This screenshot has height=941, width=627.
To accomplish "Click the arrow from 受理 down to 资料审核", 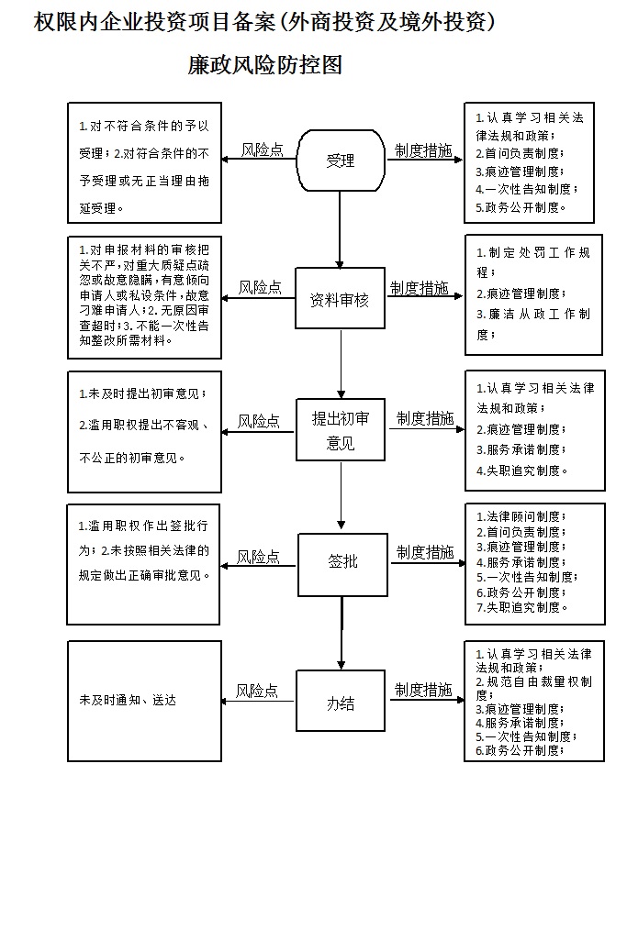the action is (x=340, y=230).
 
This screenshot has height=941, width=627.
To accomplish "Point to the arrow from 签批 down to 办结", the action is (x=341, y=633).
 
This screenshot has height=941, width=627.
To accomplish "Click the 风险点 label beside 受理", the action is (x=262, y=149).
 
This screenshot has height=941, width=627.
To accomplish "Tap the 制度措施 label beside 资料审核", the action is (x=420, y=288).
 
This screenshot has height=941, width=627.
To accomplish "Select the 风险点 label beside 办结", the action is (x=256, y=691).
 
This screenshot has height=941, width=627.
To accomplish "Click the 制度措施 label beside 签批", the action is (x=425, y=552).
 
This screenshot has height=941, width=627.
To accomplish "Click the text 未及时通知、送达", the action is (x=128, y=700).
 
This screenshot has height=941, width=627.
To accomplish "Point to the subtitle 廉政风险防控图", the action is (x=265, y=65).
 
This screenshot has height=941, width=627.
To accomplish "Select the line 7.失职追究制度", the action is (x=522, y=607).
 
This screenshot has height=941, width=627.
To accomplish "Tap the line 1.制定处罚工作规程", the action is (x=533, y=261).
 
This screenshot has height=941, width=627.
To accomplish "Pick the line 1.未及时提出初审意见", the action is (x=143, y=393).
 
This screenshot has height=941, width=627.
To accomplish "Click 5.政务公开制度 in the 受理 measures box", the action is (x=521, y=207).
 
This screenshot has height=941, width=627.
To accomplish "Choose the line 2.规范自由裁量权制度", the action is (x=534, y=689).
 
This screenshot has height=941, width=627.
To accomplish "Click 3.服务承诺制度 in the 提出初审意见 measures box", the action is (x=521, y=449).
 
